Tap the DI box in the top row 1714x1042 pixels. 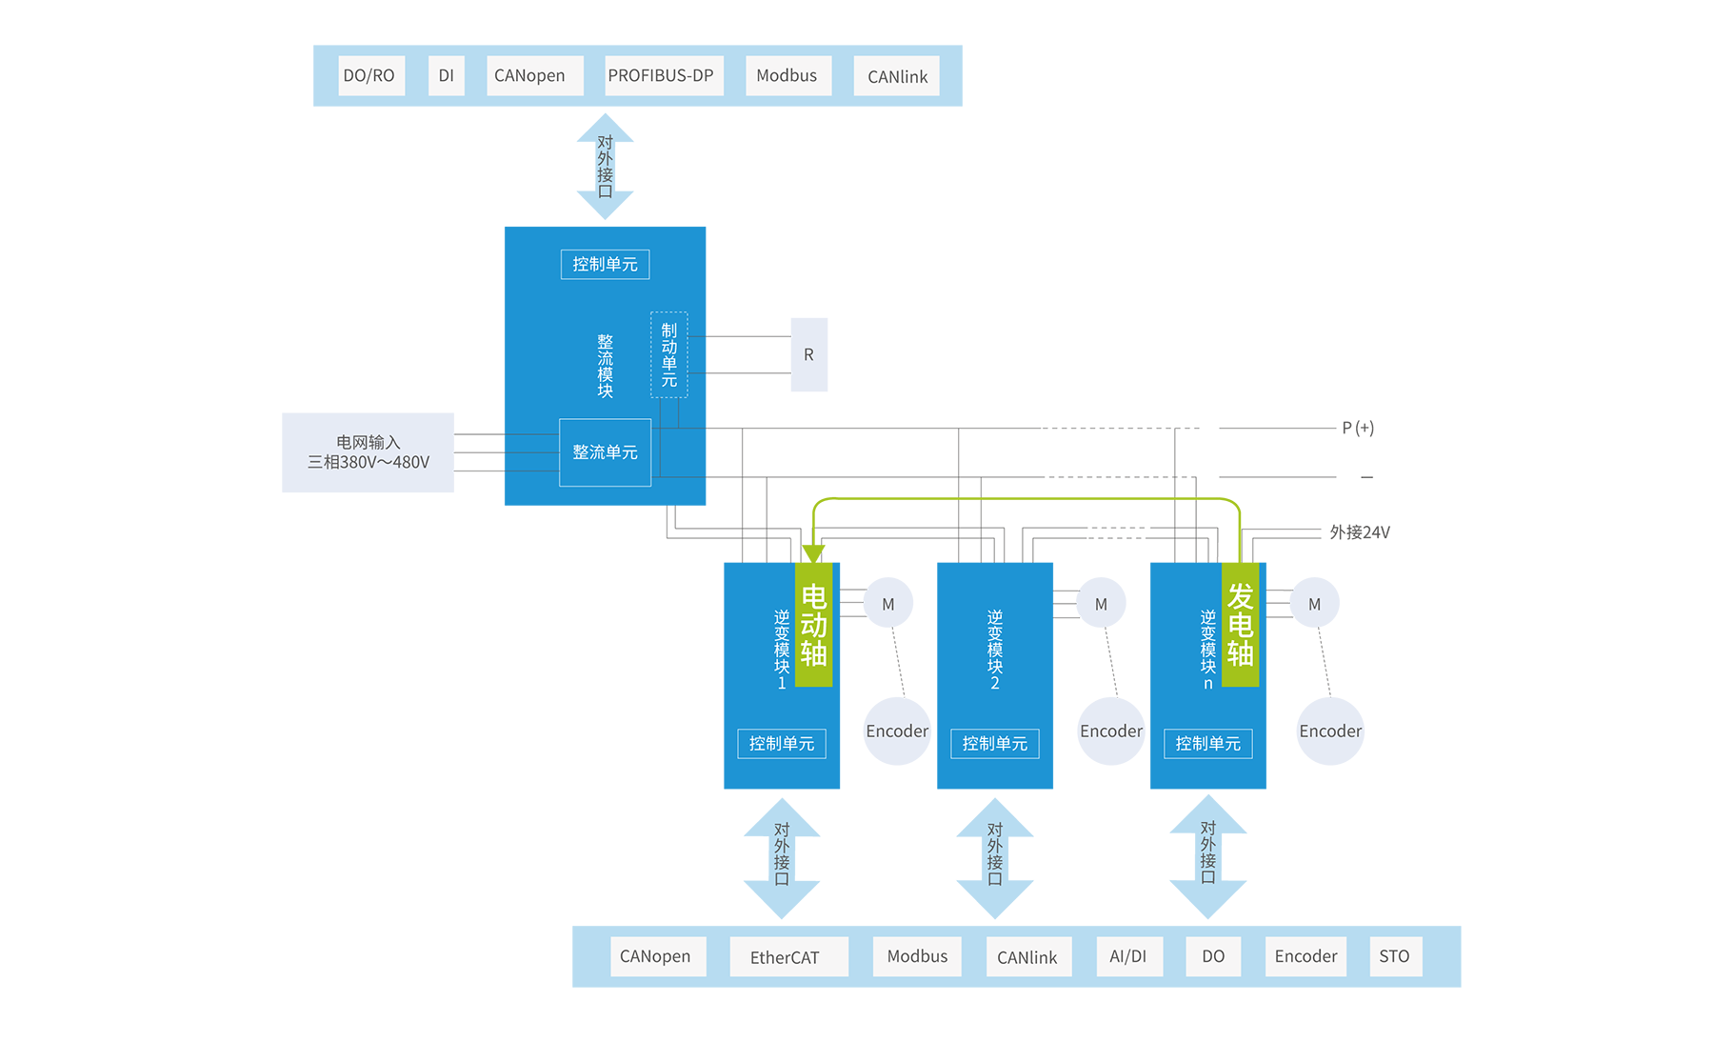click(446, 76)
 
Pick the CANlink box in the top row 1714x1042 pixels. click(897, 77)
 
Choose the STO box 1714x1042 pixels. click(1395, 956)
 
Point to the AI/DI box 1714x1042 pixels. click(1128, 956)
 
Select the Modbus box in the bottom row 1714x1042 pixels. click(917, 956)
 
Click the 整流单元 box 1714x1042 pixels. click(605, 452)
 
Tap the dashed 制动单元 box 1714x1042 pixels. click(669, 354)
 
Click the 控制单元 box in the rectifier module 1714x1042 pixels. click(605, 264)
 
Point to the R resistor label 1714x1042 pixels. click(808, 355)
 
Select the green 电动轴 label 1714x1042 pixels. click(813, 624)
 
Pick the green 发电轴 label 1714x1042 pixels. click(1240, 624)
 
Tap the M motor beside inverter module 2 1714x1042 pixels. click(1101, 605)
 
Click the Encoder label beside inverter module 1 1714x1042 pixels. click(896, 731)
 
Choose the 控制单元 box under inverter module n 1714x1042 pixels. click(1207, 744)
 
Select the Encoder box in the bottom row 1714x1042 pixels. click(1305, 956)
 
